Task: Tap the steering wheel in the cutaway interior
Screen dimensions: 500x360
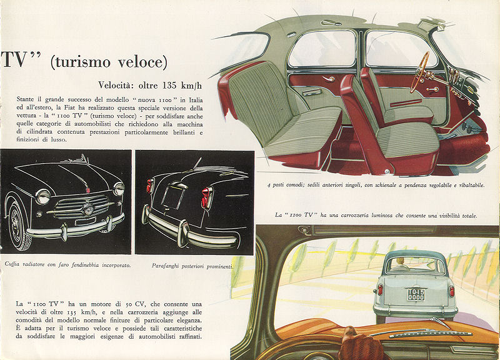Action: tap(419, 72)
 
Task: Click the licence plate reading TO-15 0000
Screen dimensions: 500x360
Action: tap(416, 294)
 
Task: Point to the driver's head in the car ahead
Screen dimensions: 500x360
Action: tap(399, 262)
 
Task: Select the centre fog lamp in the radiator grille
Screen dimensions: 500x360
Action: tap(87, 209)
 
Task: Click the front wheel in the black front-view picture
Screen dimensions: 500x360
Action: tap(19, 225)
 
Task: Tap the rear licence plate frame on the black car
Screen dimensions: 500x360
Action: tap(173, 196)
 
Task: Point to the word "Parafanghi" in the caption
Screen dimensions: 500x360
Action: tap(166, 266)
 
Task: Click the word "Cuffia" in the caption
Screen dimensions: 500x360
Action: tap(12, 264)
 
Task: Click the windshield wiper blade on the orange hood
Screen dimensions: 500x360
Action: tap(431, 334)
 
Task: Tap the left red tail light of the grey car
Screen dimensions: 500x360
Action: tap(380, 290)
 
